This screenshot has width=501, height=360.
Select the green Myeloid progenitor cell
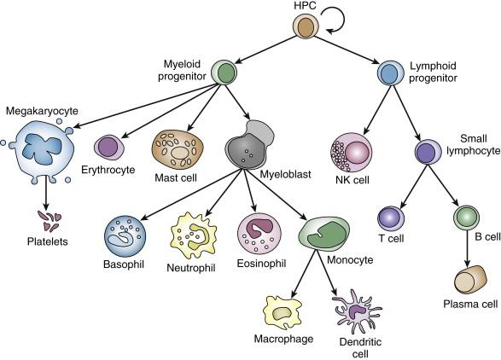pyautogui.click(x=224, y=72)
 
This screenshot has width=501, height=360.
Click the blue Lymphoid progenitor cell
pyautogui.click(x=389, y=73)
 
